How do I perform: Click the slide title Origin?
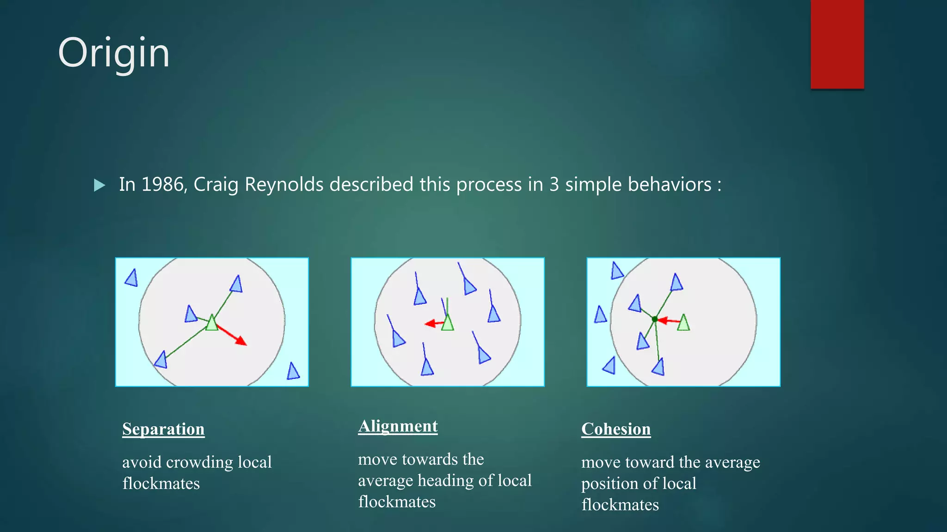pyautogui.click(x=114, y=54)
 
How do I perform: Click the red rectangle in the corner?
pyautogui.click(x=837, y=44)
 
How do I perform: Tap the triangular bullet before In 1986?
pyautogui.click(x=99, y=185)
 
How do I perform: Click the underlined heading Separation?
pyautogui.click(x=163, y=429)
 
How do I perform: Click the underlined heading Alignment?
pyautogui.click(x=398, y=426)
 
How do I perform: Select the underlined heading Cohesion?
pyautogui.click(x=616, y=429)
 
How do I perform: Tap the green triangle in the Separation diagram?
pyautogui.click(x=212, y=323)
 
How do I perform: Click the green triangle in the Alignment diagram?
pyautogui.click(x=448, y=323)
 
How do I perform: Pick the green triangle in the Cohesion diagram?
pyautogui.click(x=683, y=323)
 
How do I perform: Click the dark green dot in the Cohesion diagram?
pyautogui.click(x=654, y=319)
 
